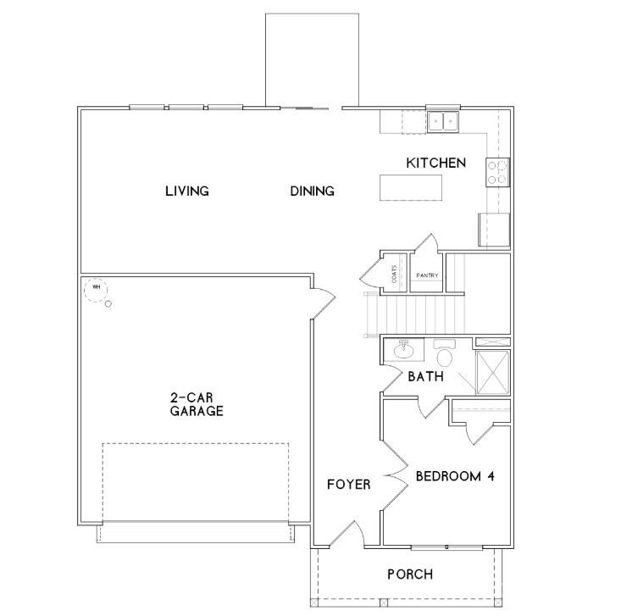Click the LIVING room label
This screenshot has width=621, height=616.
(x=186, y=191)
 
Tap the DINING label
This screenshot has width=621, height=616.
(x=312, y=191)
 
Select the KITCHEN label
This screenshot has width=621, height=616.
(x=435, y=163)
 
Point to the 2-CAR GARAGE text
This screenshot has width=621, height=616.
(x=196, y=404)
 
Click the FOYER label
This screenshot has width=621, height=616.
(x=349, y=485)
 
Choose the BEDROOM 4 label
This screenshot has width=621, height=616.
(x=454, y=476)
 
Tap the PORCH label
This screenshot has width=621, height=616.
(x=410, y=574)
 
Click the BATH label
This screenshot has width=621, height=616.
(x=425, y=375)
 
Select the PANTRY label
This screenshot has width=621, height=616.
(x=427, y=275)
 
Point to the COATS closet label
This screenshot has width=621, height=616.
(x=395, y=274)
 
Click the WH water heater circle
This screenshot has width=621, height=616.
(x=96, y=287)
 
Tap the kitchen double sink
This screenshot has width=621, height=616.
(x=442, y=121)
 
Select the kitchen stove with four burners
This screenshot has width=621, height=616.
(x=497, y=172)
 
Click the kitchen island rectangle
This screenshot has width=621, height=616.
(x=411, y=187)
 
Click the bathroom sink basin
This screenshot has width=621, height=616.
(x=403, y=347)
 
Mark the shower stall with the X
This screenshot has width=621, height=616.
(x=494, y=372)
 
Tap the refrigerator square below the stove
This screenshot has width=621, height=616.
(x=495, y=229)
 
